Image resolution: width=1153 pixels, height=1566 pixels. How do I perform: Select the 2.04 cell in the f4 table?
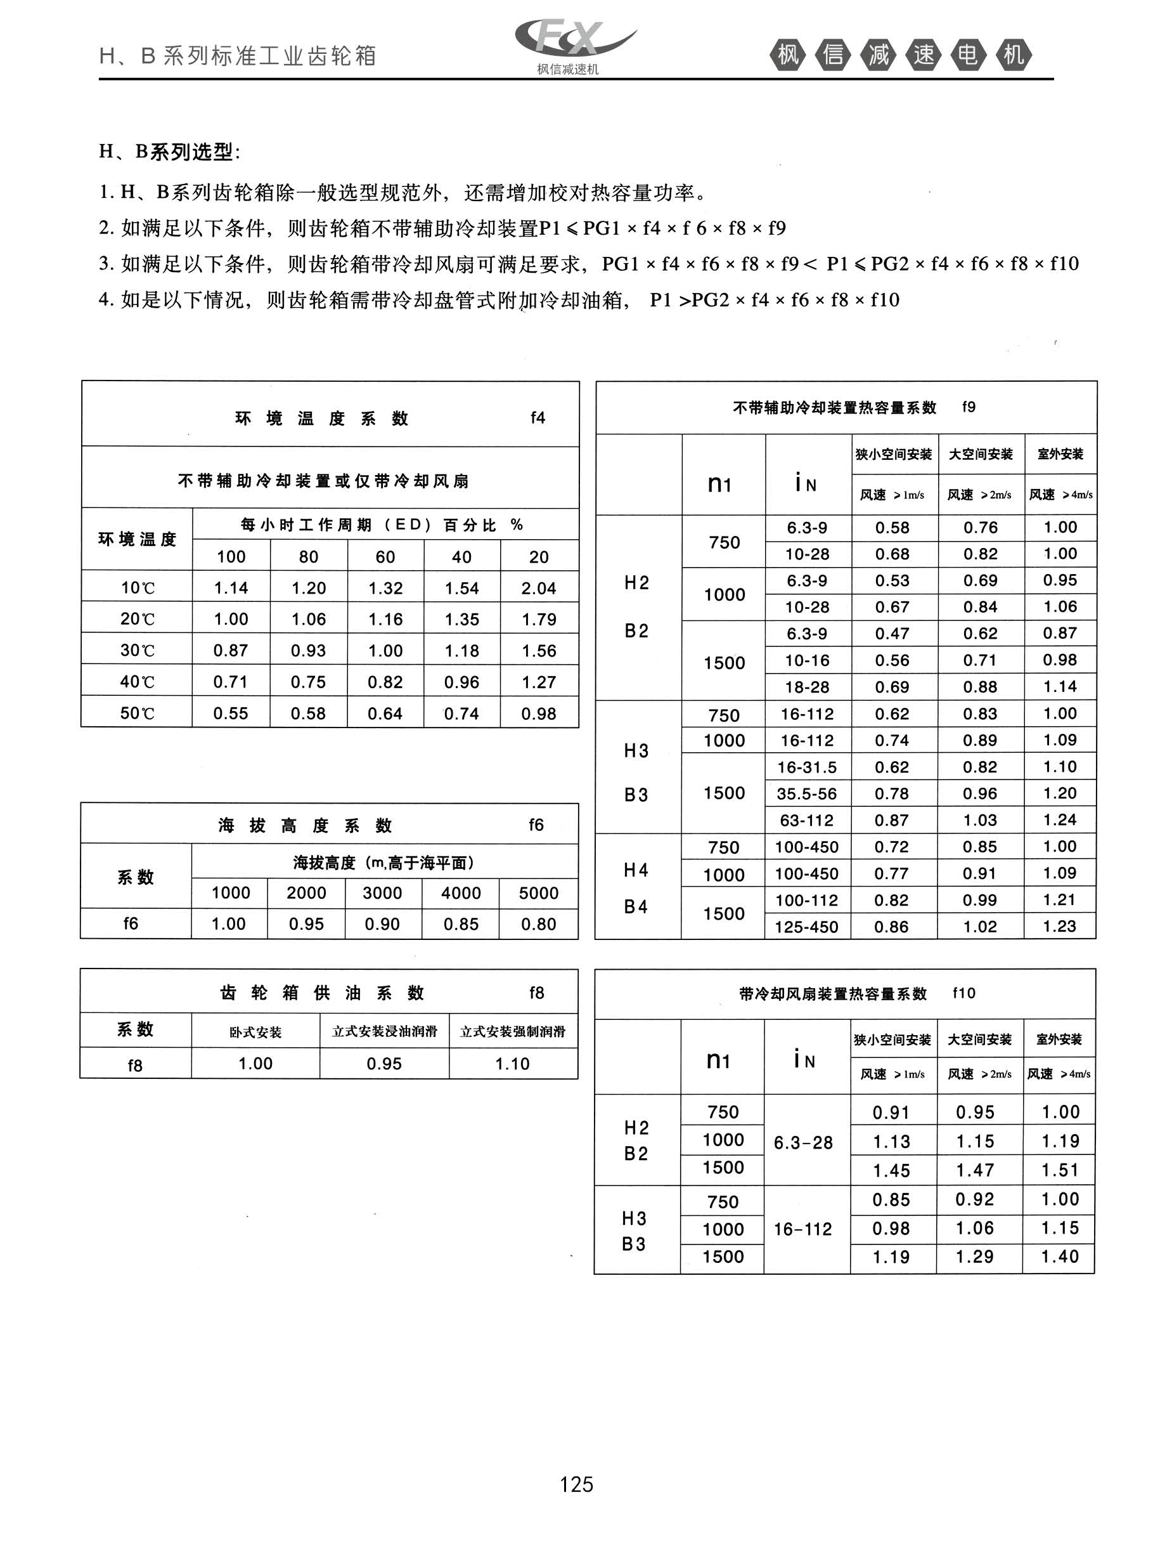(x=538, y=588)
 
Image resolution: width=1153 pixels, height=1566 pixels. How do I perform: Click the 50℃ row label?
(x=137, y=714)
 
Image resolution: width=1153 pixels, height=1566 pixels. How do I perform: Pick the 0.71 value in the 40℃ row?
(x=230, y=682)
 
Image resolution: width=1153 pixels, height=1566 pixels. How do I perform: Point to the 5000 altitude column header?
(x=538, y=893)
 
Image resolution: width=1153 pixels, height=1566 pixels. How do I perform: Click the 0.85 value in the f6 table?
(x=461, y=924)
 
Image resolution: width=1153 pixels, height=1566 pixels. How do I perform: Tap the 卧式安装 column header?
(x=255, y=1032)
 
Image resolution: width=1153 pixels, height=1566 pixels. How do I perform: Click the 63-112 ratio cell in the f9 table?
(x=807, y=820)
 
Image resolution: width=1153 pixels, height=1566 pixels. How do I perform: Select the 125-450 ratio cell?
(x=807, y=927)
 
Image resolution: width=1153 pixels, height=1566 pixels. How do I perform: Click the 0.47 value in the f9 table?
(x=892, y=633)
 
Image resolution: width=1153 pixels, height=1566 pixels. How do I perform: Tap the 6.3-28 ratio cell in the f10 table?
(x=803, y=1143)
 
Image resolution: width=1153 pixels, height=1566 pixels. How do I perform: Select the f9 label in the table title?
(x=969, y=407)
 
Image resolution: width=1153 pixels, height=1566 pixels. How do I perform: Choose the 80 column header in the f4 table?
(x=309, y=556)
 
